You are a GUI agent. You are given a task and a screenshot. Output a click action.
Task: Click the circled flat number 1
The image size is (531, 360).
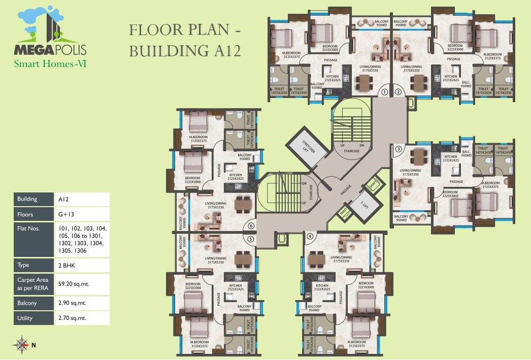tap(385, 92)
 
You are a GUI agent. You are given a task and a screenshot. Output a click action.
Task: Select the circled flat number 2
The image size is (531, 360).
tap(399, 92)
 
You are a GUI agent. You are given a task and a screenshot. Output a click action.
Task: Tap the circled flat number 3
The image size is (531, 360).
tap(399, 149)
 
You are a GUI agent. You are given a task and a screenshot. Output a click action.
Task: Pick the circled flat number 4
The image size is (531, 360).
tap(310, 236)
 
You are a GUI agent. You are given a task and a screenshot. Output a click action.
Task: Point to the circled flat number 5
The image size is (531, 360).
tap(250, 239)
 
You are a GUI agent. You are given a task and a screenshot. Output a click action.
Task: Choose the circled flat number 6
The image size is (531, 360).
tap(250, 226)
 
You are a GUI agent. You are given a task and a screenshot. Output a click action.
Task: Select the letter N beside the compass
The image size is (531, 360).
tap(34, 345)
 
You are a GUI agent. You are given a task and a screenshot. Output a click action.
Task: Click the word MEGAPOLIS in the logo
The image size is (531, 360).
tap(50, 50)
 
